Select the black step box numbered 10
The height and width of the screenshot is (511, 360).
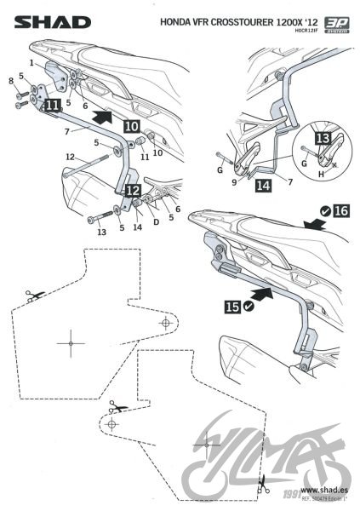point(132,125)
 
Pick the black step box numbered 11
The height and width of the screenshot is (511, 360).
point(53,105)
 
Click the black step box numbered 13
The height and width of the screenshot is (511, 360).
point(321,140)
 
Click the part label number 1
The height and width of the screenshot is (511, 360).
point(32,63)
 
